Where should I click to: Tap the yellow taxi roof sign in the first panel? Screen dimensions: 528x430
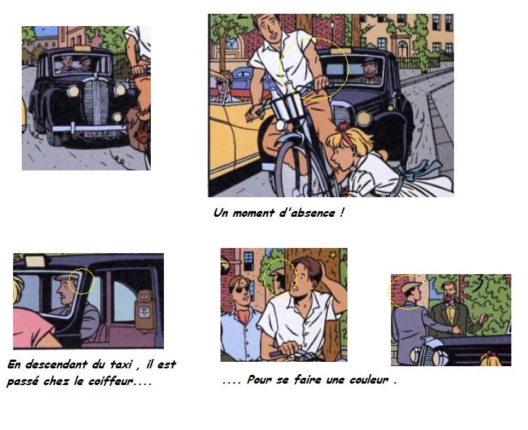[83, 48]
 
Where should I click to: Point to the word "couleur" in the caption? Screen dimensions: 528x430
[368, 380]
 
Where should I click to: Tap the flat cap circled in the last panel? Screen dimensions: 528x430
[411, 287]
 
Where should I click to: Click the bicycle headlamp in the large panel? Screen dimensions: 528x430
[280, 125]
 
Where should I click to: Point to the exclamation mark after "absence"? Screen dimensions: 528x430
[342, 212]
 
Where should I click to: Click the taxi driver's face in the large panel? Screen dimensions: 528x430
[369, 69]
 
